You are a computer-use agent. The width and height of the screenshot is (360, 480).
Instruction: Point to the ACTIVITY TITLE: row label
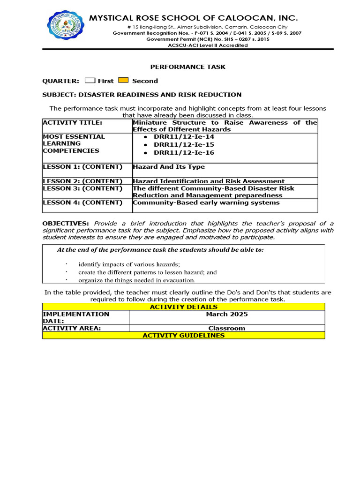[72, 123]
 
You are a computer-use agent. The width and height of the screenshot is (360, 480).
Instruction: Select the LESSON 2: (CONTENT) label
[82, 181]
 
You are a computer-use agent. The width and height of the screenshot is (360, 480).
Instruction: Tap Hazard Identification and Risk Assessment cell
[209, 181]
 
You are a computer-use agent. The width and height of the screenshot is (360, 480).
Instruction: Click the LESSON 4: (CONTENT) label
[82, 202]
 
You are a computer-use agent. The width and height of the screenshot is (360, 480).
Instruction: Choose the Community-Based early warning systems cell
[206, 202]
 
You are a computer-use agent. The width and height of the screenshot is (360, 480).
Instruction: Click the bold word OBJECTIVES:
[65, 224]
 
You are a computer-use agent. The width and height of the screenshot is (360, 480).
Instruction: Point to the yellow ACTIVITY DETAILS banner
[183, 307]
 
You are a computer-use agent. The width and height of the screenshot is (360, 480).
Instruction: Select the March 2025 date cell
[227, 314]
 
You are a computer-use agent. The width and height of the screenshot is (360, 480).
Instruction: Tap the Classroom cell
[227, 328]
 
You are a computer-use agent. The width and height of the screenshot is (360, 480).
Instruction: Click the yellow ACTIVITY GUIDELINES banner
[183, 335]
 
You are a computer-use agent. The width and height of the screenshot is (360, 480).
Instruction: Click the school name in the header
[193, 18]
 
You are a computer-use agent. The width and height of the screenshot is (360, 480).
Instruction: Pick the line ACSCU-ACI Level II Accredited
[207, 45]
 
